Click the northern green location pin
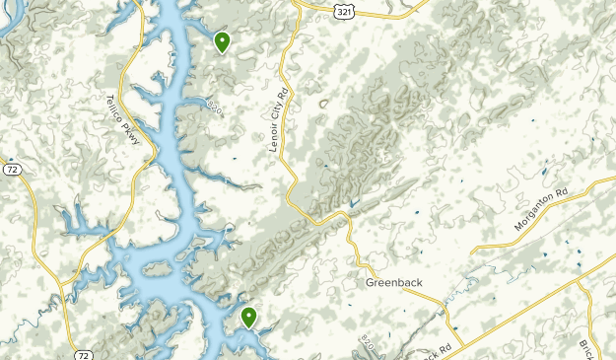pyautogui.click(x=223, y=41)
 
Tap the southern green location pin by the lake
pyautogui.click(x=248, y=317)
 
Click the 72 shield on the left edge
pyautogui.click(x=11, y=170)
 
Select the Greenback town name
pyautogui.click(x=393, y=283)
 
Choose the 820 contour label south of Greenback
pyautogui.click(x=369, y=344)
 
